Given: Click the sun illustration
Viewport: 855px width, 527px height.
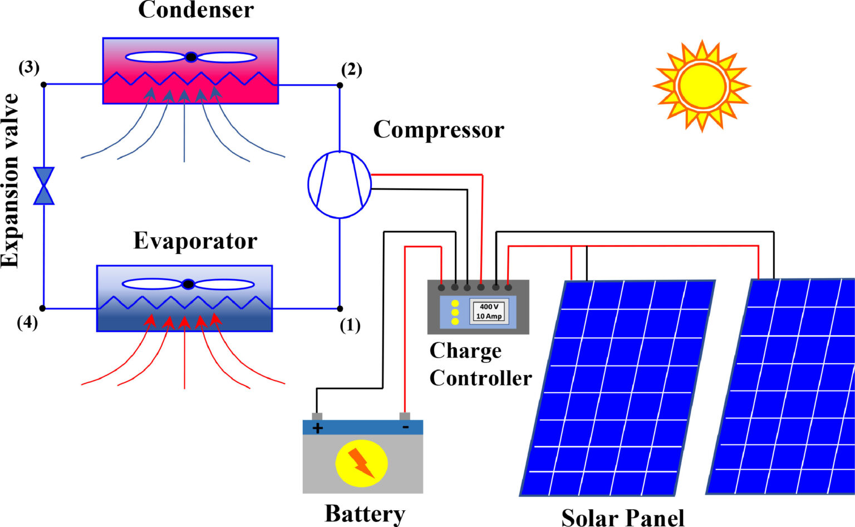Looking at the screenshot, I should (x=702, y=86).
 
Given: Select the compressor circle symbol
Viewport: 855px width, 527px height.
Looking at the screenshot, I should (x=339, y=184).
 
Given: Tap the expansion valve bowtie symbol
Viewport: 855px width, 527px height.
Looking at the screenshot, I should (x=43, y=186).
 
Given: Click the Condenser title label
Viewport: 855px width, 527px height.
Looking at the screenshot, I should (x=196, y=10).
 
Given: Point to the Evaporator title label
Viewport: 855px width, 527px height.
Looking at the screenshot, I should (x=195, y=241).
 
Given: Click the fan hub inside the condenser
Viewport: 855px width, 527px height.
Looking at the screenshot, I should (x=191, y=57).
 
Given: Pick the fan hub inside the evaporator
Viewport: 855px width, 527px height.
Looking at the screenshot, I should (x=188, y=284).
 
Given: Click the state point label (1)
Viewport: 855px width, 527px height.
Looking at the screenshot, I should (x=350, y=325).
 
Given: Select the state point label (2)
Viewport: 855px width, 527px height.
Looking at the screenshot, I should (x=351, y=70).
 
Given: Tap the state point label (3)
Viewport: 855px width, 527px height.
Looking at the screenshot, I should (x=29, y=68).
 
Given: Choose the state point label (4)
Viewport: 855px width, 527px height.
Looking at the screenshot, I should (x=27, y=323).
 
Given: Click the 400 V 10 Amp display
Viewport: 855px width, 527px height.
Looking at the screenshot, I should (x=489, y=311).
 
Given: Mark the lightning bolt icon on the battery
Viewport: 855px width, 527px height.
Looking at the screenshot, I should (x=361, y=463).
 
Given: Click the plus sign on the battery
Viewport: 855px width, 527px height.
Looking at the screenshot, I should (x=317, y=428).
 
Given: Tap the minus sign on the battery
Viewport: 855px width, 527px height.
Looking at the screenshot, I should (x=405, y=427).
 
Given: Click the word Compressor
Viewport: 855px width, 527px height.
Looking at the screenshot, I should (x=439, y=130).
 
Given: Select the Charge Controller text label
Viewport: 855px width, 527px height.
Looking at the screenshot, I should (x=480, y=364).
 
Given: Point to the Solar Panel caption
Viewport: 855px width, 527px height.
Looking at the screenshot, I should (x=622, y=516).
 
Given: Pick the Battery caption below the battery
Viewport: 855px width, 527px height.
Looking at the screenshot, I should (x=365, y=513).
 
